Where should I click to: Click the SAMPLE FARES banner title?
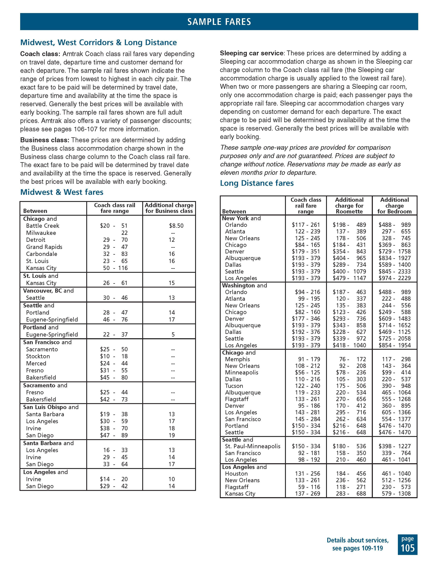coord(219,22)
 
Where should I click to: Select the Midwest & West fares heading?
coord(62,192)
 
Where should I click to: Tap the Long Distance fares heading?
coord(257,183)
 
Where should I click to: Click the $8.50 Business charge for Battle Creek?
coord(176,226)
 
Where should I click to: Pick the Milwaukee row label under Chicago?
coord(41,233)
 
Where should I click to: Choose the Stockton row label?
coord(38,356)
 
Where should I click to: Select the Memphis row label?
coord(237,359)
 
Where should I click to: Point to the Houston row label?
coord(236,474)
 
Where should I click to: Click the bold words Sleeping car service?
coord(251,53)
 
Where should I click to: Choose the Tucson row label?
coord(234,386)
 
